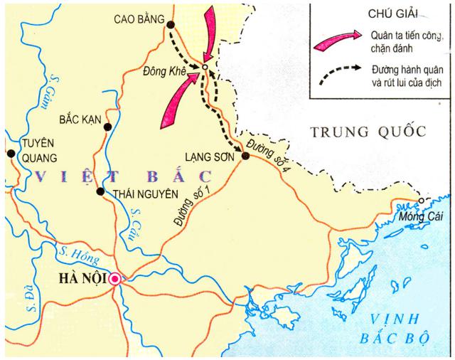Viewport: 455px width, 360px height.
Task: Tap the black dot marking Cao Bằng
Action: (x=171, y=25)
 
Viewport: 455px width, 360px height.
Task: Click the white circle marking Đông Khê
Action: (x=203, y=68)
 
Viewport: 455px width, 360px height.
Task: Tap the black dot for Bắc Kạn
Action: (x=107, y=127)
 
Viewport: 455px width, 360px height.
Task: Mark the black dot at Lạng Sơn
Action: (x=245, y=156)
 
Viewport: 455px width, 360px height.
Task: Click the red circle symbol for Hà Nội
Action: (x=114, y=280)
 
